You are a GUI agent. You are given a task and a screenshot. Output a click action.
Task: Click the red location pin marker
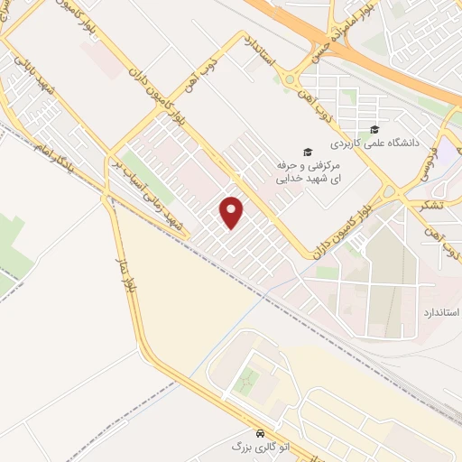coord(232,211)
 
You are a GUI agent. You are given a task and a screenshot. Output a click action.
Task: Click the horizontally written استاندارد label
coord(440,312)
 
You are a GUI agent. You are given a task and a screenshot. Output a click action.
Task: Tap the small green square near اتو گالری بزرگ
coord(245,382)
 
